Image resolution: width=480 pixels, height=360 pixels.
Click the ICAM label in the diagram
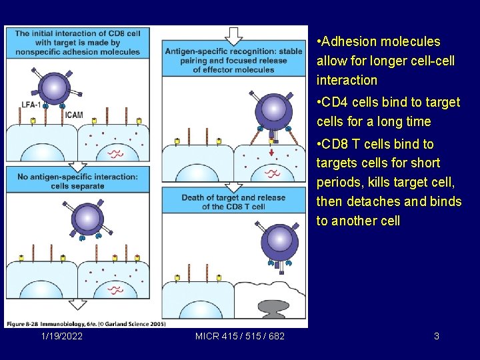(x=74, y=115)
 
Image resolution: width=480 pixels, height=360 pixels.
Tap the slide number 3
(x=437, y=336)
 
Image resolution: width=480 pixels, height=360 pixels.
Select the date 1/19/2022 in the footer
(x=62, y=336)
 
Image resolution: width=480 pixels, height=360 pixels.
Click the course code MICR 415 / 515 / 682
(x=240, y=336)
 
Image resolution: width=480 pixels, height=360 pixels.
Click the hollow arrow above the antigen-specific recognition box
(x=233, y=35)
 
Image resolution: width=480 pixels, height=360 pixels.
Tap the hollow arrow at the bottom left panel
(x=77, y=305)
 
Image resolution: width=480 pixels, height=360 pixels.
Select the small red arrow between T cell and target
(x=272, y=153)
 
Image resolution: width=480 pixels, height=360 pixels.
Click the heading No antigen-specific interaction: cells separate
(x=78, y=181)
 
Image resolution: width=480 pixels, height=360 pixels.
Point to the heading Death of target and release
(x=233, y=201)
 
